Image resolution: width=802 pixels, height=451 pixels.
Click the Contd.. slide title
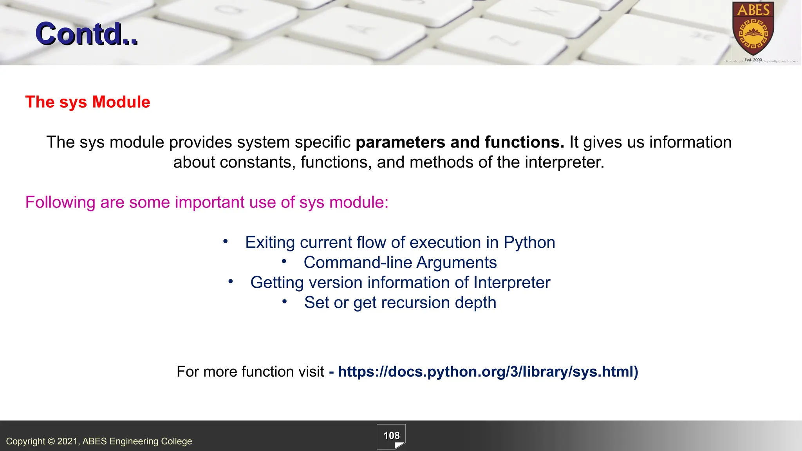[x=87, y=34]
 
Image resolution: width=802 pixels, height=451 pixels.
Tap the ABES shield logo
[x=753, y=30]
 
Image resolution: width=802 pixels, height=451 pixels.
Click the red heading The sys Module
[x=88, y=102]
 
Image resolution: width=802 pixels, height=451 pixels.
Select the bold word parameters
[x=400, y=143]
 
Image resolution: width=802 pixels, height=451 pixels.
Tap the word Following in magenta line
[x=60, y=203]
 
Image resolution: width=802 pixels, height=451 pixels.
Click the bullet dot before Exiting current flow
[x=225, y=241]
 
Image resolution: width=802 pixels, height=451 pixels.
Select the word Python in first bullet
[x=529, y=242]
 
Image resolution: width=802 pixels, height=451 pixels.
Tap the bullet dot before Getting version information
[x=231, y=281]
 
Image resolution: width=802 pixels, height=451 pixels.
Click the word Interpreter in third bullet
[x=512, y=283]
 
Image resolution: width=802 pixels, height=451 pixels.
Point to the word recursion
[x=415, y=303]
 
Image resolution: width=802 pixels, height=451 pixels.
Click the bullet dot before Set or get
[x=285, y=301]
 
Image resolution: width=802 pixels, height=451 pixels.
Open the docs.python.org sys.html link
[x=488, y=372]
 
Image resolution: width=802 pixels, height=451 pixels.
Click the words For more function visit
[x=250, y=372]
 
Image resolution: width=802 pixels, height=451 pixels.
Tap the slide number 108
[x=391, y=436]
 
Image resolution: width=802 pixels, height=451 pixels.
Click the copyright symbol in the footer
[x=51, y=441]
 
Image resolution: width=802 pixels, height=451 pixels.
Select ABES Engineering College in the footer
[x=137, y=441]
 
